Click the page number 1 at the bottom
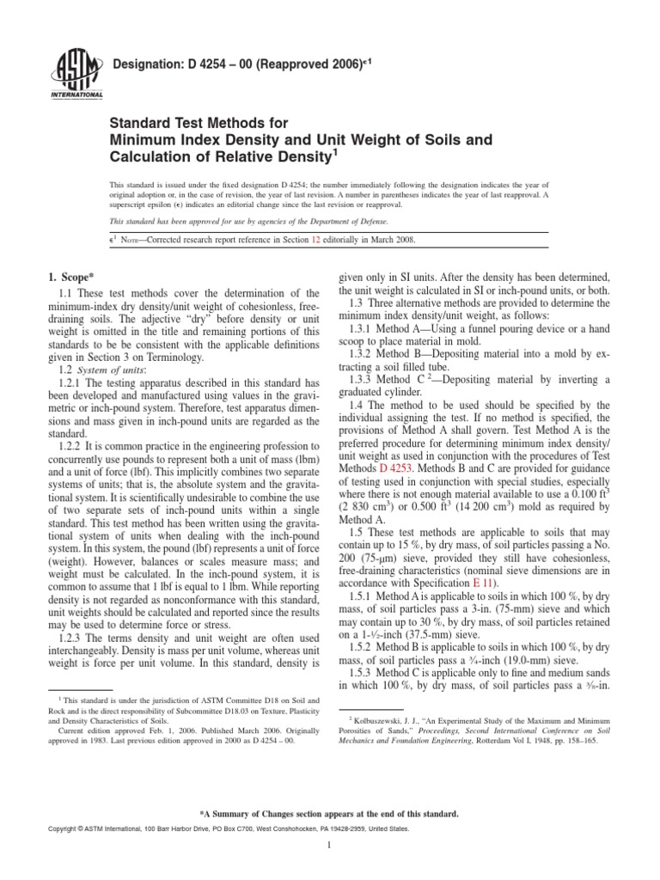coord(330,846)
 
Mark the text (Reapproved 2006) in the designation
coord(304,64)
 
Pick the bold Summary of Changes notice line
coord(329,813)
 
